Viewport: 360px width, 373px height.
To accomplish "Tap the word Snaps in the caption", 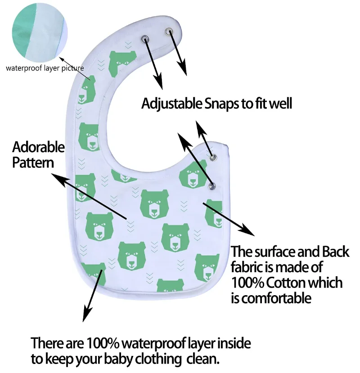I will pos(222,104).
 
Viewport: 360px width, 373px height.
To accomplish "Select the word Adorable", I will pos(39,147).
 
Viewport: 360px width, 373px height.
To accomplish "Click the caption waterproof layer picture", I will pos(45,68).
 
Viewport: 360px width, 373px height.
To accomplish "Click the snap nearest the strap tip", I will pos(169,31).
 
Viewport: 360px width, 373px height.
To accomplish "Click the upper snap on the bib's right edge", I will pos(213,157).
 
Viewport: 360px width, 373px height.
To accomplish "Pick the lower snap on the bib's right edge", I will pos(211,186).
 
